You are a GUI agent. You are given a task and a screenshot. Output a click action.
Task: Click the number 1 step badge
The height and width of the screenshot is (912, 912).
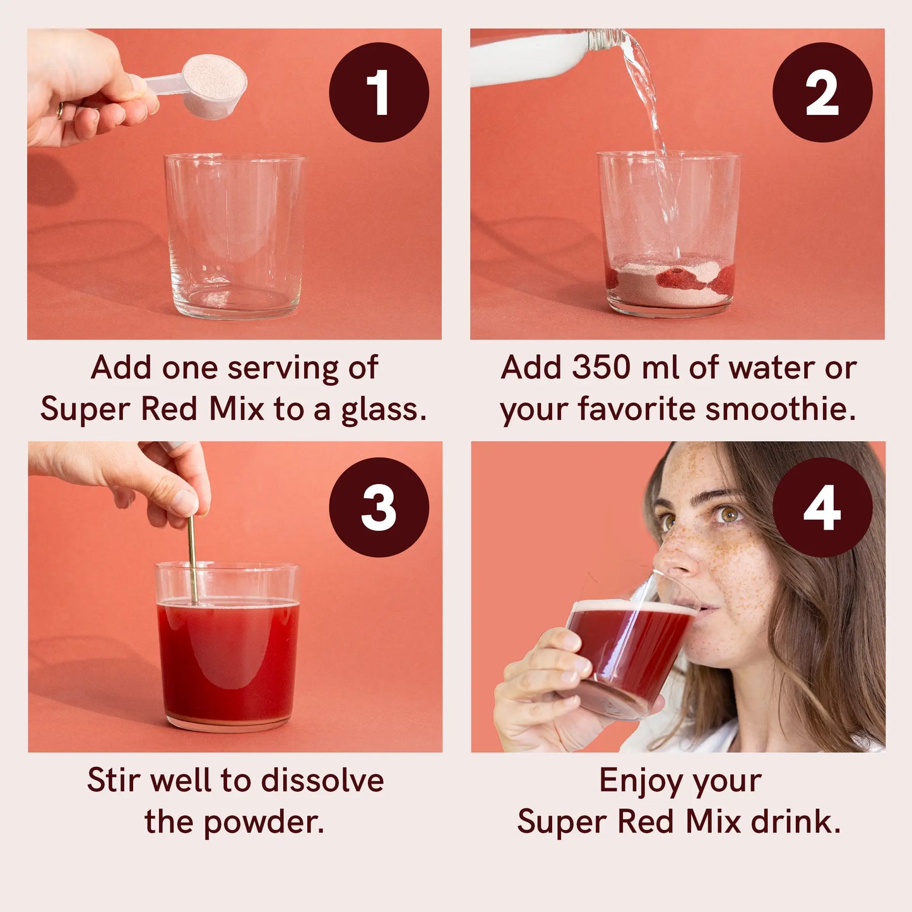point(379,92)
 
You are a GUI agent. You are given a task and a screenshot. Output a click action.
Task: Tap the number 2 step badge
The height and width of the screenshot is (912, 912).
point(822,92)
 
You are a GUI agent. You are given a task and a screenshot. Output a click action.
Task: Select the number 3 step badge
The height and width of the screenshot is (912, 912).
point(379,507)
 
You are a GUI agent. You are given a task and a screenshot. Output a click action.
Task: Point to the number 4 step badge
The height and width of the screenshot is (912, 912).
point(822,507)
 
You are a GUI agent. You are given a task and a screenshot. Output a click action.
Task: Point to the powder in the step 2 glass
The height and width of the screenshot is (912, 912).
point(670,281)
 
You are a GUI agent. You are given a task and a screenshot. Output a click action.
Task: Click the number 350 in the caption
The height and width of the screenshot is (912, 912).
point(601,367)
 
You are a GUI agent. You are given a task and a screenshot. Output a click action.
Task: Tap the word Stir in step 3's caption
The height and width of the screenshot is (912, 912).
point(114,781)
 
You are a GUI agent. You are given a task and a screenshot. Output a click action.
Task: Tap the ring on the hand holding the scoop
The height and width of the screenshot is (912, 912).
point(60,110)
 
